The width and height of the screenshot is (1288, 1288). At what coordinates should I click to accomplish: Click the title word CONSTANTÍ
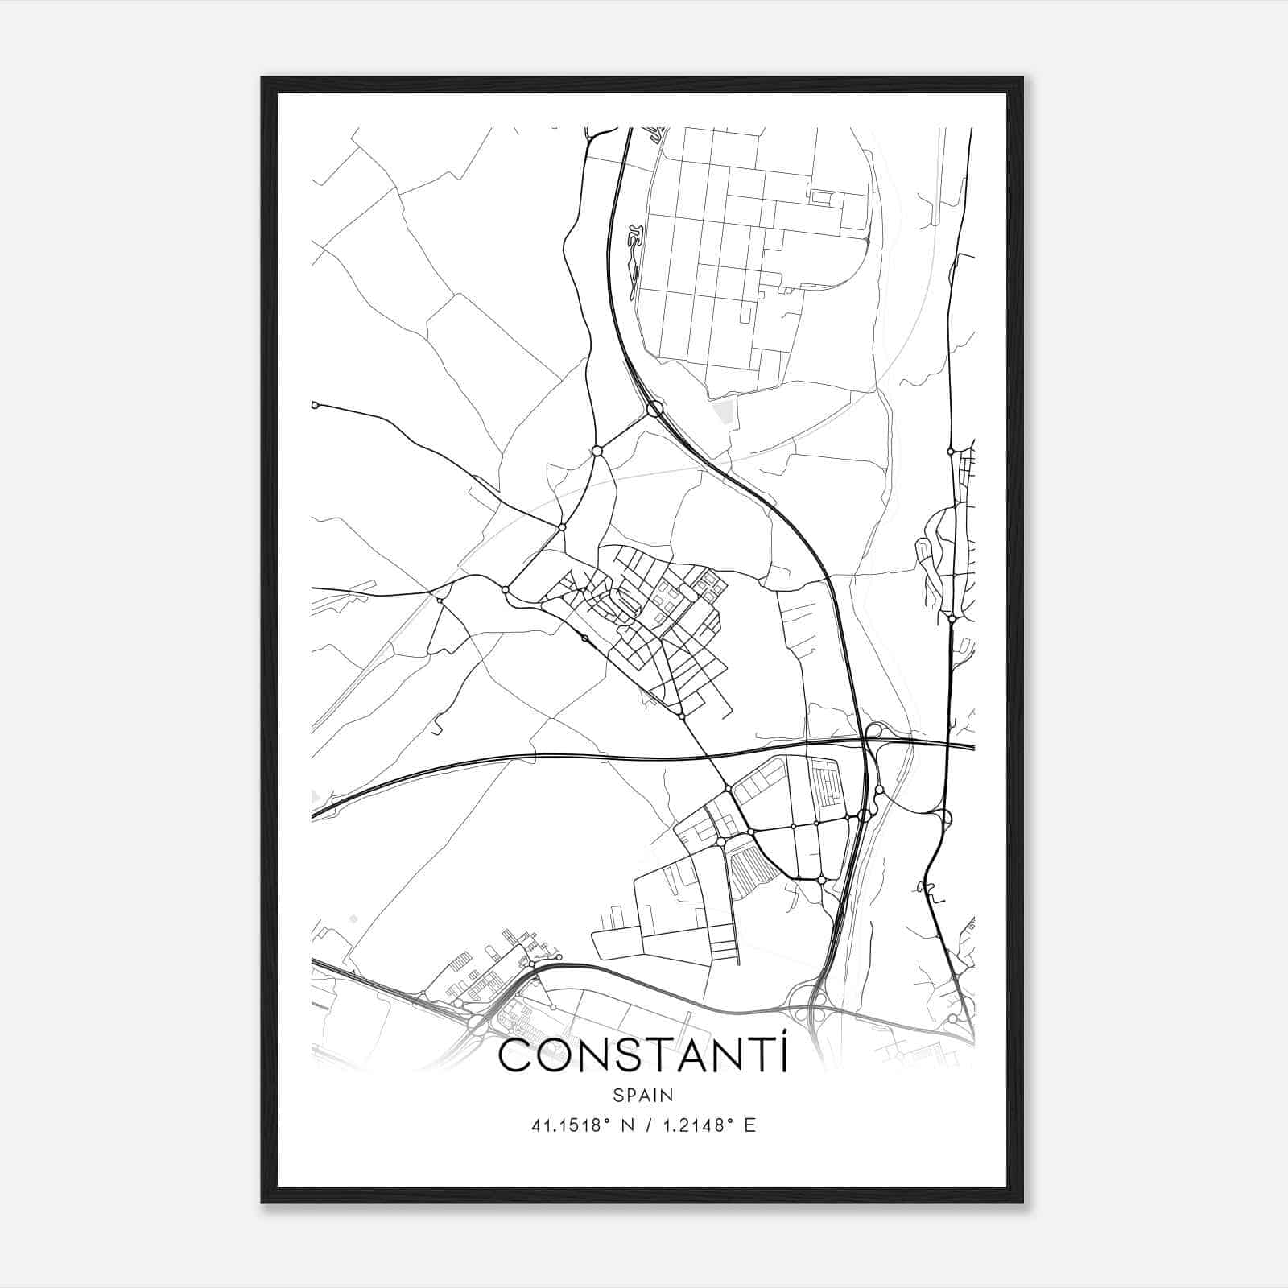[x=643, y=1056]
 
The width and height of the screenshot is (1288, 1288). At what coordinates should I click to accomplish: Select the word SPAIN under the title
[x=643, y=1095]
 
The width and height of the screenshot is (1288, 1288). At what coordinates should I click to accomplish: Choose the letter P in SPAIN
[x=628, y=1095]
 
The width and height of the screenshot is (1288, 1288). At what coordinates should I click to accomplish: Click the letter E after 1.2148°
[x=749, y=1125]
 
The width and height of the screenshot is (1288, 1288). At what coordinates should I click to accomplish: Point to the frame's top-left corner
[x=262, y=78]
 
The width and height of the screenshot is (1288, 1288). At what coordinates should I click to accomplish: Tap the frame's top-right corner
[x=1022, y=78]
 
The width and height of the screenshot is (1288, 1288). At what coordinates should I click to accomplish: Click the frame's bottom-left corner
[x=262, y=1203]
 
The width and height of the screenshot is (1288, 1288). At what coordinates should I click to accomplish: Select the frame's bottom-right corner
[x=1022, y=1203]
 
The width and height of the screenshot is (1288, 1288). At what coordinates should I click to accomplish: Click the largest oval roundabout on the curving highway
[x=654, y=409]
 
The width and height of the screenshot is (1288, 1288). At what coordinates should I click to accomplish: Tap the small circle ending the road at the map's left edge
[x=315, y=404]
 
